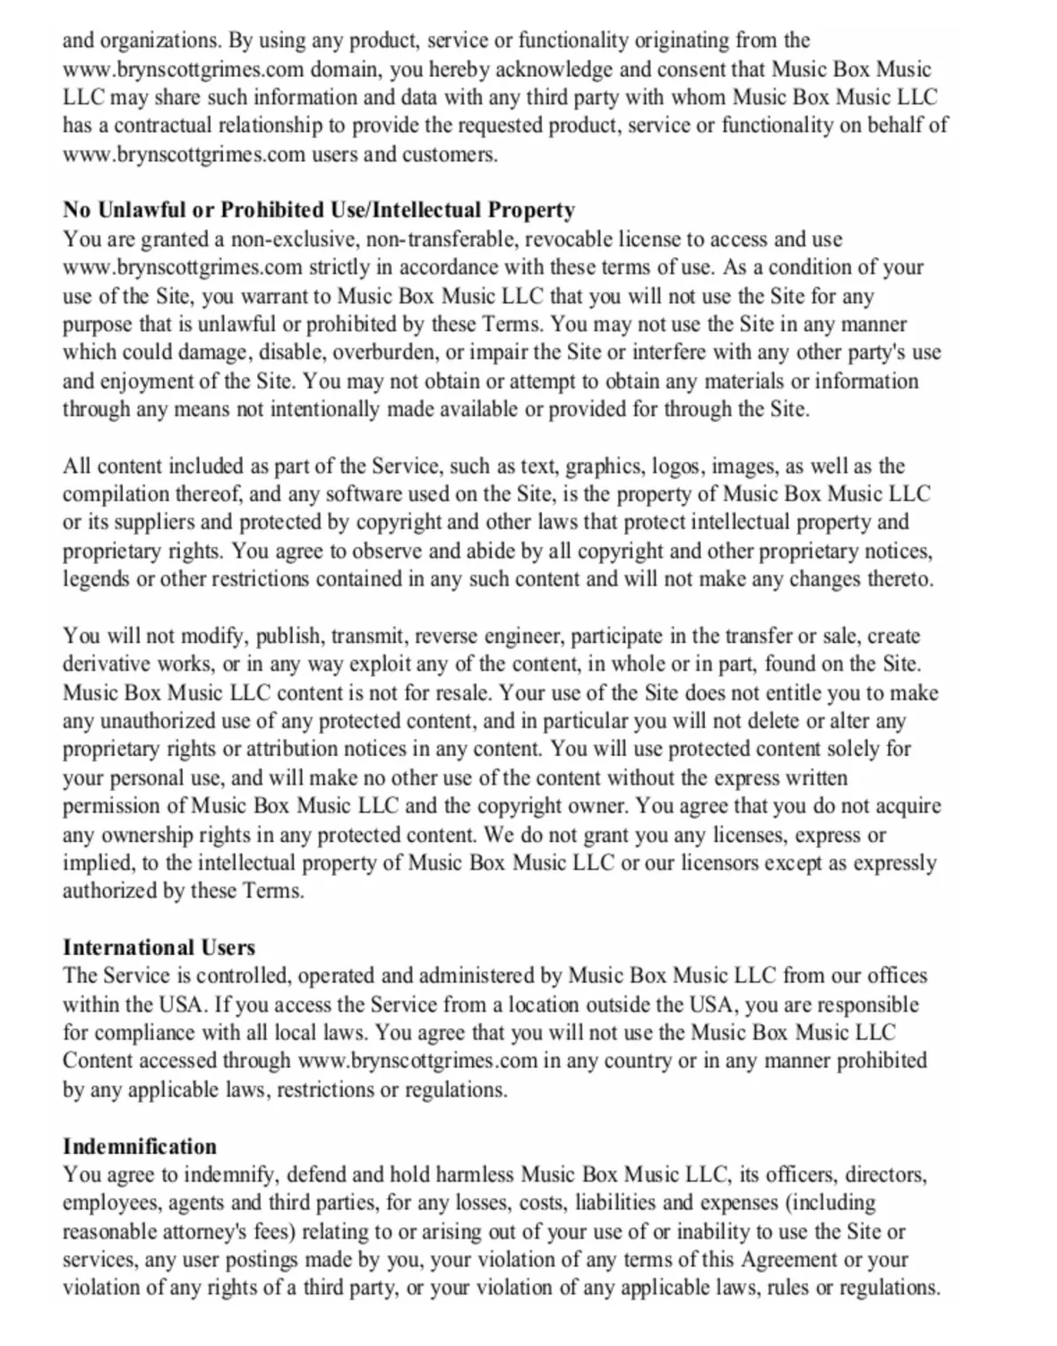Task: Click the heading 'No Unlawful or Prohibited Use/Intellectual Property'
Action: click(x=318, y=211)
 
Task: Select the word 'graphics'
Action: click(x=602, y=467)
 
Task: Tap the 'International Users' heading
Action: click(x=159, y=948)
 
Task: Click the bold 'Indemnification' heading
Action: click(x=139, y=1147)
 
